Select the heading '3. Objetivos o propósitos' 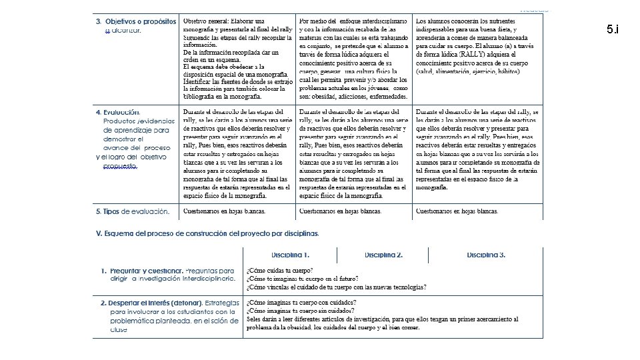point(136,22)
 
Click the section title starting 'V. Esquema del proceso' point(207,233)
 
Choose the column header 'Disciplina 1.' point(290,255)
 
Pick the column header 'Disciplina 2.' point(383,255)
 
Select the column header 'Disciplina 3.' point(486,255)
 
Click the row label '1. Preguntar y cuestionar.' point(141,271)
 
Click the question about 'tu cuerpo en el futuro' point(302,279)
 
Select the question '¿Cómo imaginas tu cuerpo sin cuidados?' point(301,311)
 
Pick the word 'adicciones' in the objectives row point(349,95)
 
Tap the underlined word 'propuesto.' point(121,166)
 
